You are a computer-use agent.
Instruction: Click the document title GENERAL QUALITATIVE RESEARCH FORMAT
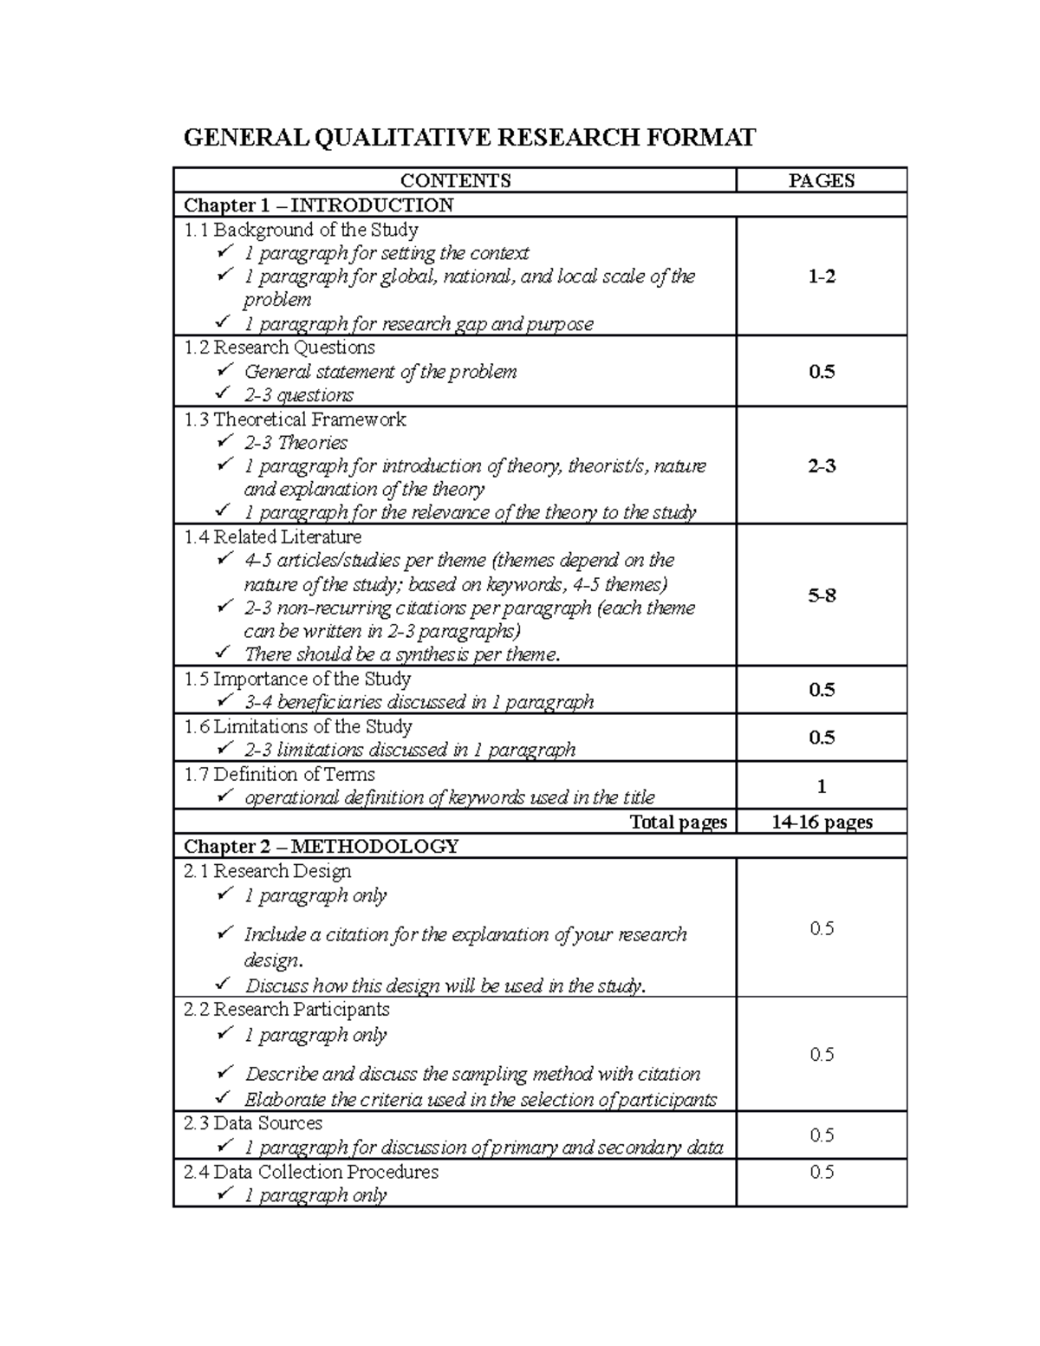point(468,138)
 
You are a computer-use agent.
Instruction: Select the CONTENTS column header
point(455,180)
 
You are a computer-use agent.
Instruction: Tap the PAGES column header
point(821,180)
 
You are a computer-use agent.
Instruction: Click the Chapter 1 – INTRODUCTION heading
point(318,205)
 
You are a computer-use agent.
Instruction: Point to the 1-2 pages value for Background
point(821,277)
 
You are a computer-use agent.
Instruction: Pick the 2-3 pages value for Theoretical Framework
point(821,466)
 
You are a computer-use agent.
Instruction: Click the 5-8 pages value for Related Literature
point(821,595)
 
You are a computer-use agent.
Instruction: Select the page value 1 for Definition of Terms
point(821,787)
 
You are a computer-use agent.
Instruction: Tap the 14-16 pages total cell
point(821,823)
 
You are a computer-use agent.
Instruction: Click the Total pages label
point(678,823)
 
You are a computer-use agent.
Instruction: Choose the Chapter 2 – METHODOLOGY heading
point(321,847)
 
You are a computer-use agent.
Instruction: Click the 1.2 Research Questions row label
point(279,348)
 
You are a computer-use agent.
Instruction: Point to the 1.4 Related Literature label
point(272,536)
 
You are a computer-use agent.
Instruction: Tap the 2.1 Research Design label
point(267,871)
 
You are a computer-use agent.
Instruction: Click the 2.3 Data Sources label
point(253,1123)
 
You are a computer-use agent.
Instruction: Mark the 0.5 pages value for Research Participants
point(821,1055)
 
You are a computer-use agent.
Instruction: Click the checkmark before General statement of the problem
point(225,371)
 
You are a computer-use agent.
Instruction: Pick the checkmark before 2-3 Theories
point(225,442)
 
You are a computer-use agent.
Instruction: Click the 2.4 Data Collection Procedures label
point(311,1172)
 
